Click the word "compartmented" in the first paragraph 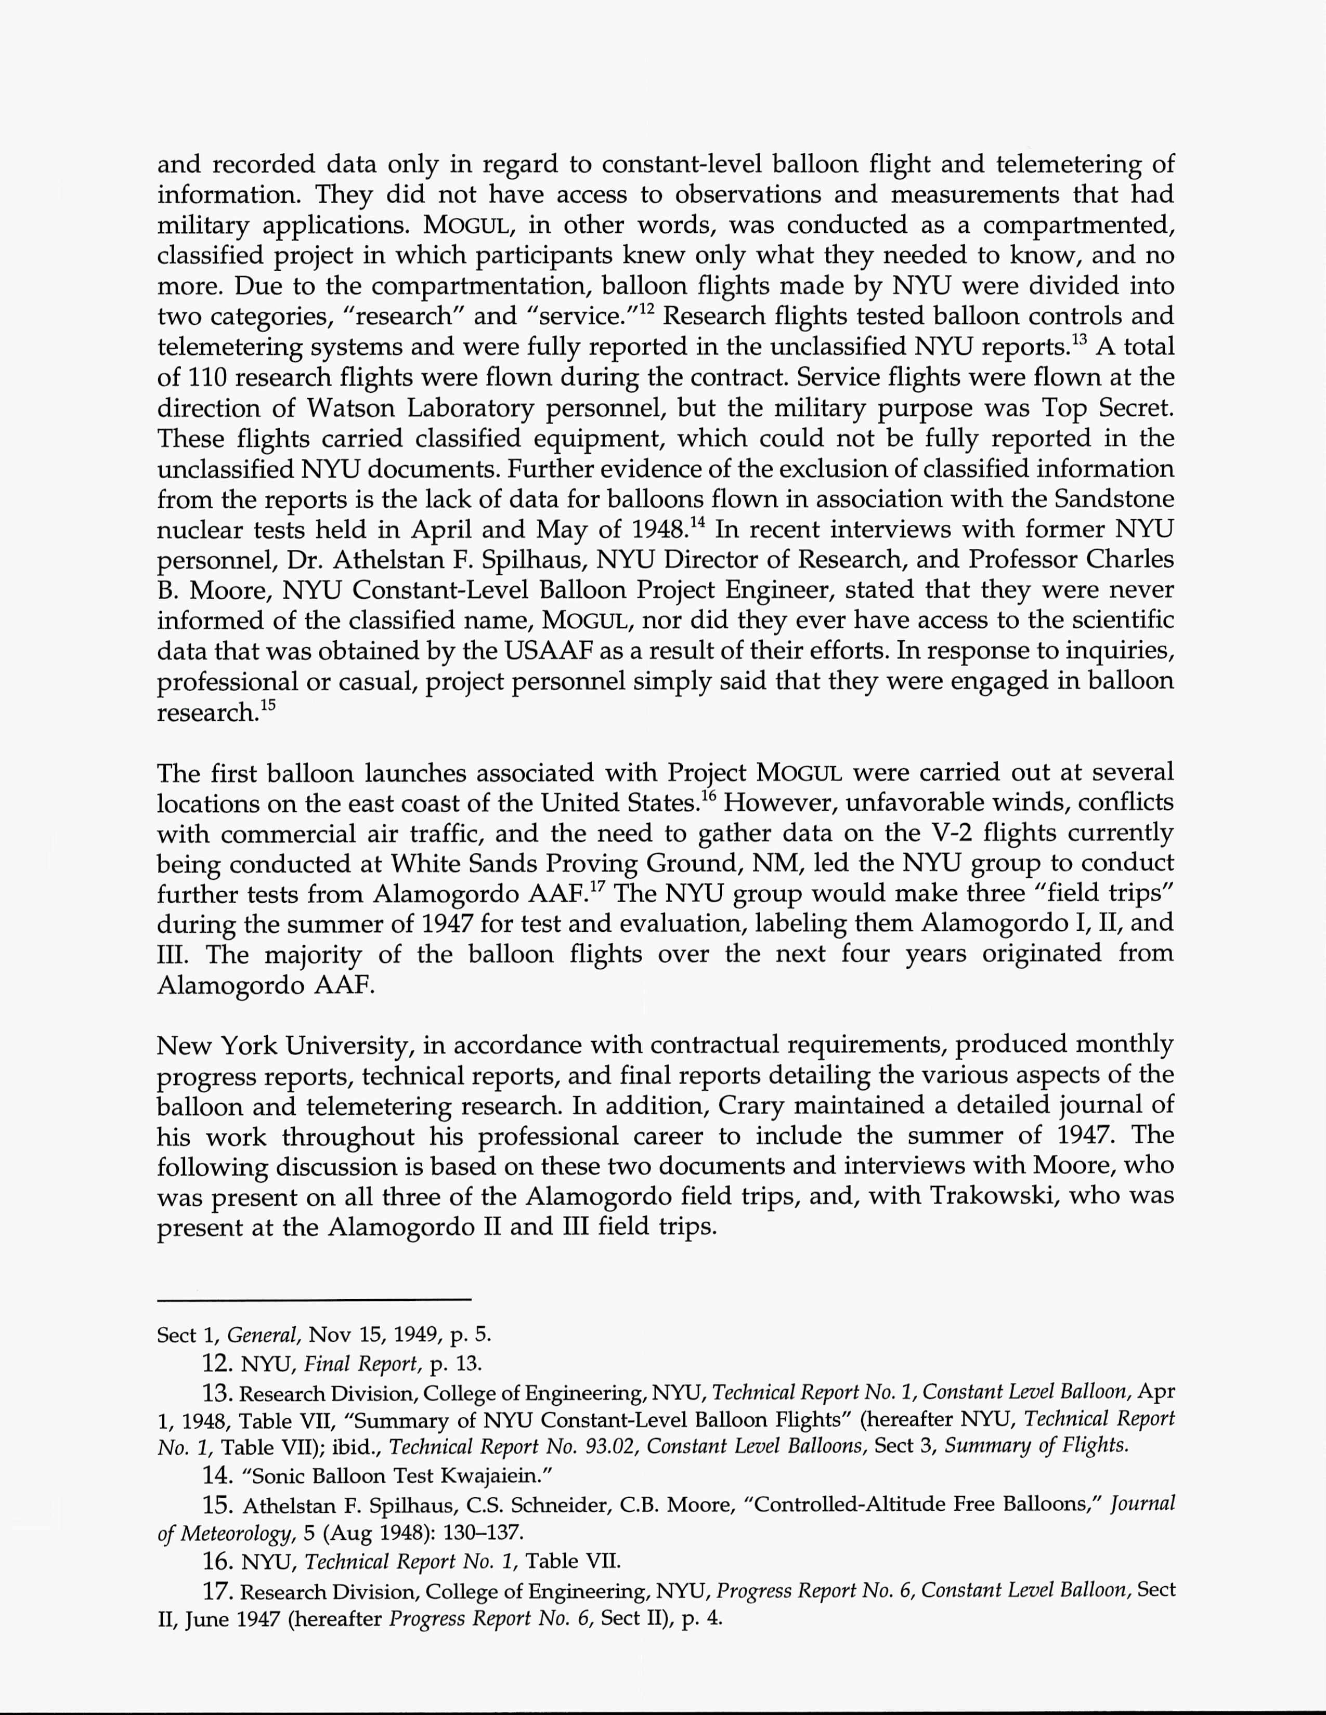(x=1078, y=226)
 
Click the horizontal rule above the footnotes (x=314, y=1300)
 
